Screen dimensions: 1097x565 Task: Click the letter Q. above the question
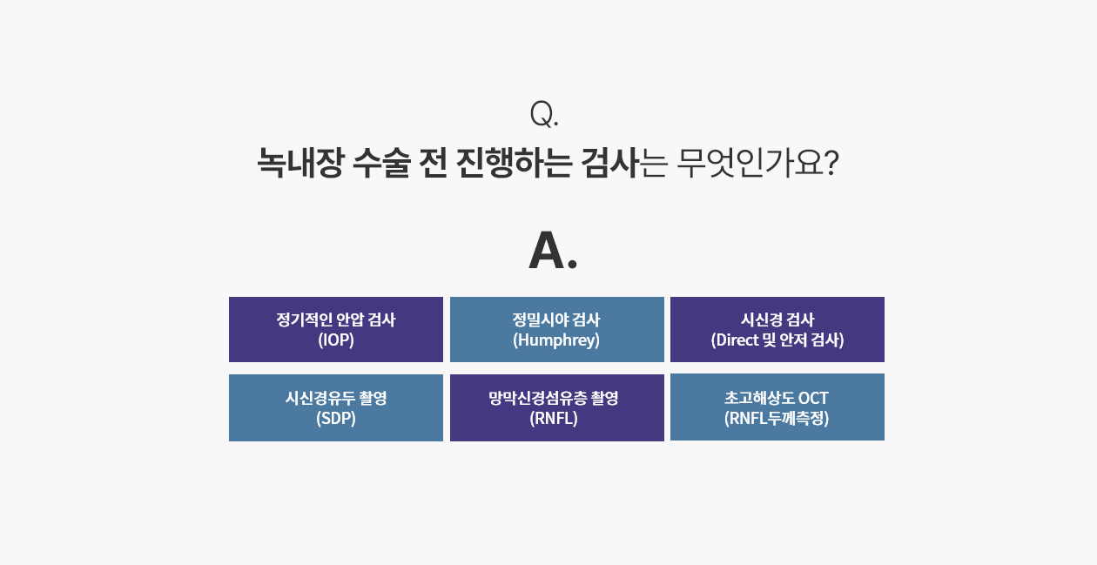coord(544,114)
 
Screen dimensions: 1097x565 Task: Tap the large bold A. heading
coord(553,250)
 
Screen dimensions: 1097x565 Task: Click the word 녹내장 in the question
coord(299,162)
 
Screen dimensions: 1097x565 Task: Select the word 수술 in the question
coord(381,162)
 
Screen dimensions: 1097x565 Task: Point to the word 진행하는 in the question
coord(514,162)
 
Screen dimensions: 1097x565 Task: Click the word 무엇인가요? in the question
coord(757,162)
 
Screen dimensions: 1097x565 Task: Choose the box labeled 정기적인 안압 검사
coord(336,329)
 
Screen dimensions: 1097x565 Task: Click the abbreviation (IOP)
coord(336,340)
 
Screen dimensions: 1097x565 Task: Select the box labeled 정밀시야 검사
coord(557,329)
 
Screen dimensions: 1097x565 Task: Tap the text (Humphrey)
coord(556,340)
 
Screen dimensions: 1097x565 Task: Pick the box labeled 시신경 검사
coord(777,329)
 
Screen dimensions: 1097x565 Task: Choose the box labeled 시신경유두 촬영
coord(336,407)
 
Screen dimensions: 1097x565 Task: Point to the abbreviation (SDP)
coord(336,418)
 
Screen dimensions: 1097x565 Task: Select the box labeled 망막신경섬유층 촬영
coord(557,407)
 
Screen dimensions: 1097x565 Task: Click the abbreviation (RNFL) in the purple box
coord(554,418)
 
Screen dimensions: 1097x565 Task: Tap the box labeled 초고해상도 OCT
coord(777,407)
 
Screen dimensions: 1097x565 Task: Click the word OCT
coord(813,398)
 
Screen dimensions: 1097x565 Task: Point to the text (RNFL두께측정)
coord(777,418)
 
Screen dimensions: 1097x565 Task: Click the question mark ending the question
coord(831,163)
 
